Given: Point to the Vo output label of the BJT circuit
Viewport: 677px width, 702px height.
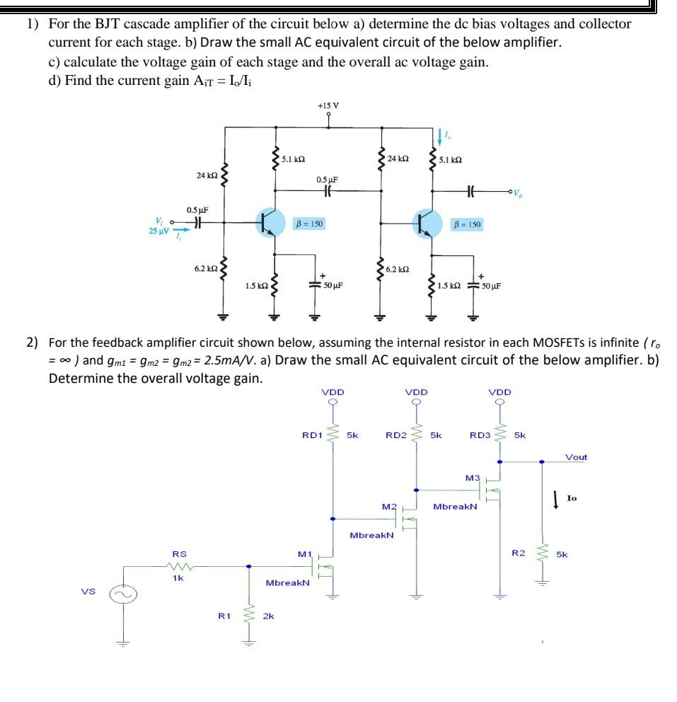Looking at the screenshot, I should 519,192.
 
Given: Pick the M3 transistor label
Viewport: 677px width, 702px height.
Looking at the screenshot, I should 473,478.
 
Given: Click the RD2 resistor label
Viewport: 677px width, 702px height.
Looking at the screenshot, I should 395,435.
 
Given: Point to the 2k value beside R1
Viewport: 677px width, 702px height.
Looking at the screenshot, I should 269,616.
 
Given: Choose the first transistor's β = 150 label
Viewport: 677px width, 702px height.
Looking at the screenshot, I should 309,224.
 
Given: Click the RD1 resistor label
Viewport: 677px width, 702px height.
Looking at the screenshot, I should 312,435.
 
